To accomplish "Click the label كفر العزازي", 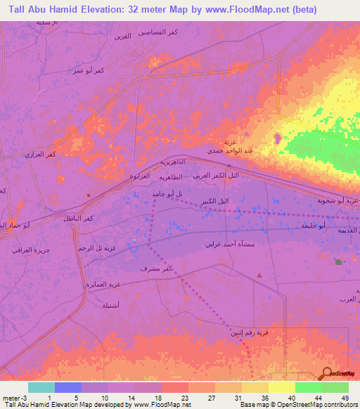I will click(40, 154).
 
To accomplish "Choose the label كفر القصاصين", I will click(160, 32).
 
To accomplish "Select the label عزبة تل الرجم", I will click(95, 249).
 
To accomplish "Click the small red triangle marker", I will click(259, 275).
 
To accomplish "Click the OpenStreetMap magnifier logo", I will click(326, 374).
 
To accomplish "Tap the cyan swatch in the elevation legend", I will click(41, 387).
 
